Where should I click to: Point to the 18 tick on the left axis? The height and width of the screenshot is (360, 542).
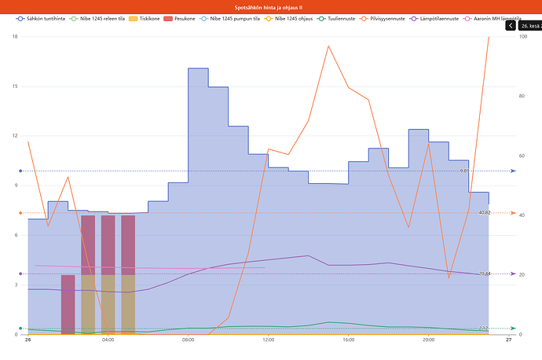tap(15, 37)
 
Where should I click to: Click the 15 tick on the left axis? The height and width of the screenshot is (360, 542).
tap(15, 86)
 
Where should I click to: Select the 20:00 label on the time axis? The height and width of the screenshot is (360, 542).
tap(429, 340)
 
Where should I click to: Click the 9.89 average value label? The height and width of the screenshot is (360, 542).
tap(464, 171)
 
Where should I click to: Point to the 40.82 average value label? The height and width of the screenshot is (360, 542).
tap(463, 213)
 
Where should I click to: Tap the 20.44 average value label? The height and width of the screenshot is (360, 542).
tap(463, 274)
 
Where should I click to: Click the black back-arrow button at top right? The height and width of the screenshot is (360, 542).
tap(511, 25)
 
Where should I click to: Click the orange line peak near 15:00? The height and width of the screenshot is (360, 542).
tap(328, 46)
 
